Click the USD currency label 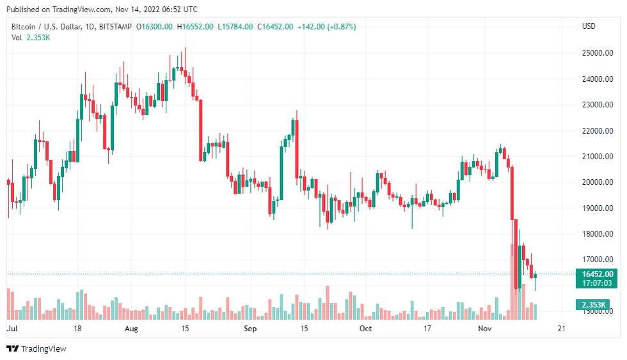[x=589, y=26]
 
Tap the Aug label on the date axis [x=131, y=329]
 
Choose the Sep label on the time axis [x=250, y=329]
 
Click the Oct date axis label [x=365, y=329]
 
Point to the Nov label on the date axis [x=484, y=329]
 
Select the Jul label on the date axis [x=12, y=329]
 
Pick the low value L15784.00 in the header [x=236, y=27]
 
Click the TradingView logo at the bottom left [x=36, y=348]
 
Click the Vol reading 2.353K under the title [x=38, y=37]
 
